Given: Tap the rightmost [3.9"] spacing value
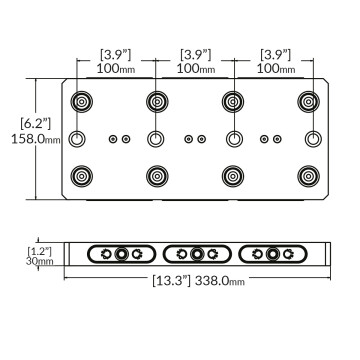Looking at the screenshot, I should click(274, 52).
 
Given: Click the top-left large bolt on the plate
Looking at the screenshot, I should click(78, 101).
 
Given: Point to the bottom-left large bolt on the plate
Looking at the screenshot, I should click(78, 176).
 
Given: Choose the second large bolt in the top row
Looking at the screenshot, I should click(156, 101).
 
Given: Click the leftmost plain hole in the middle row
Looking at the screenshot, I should click(78, 138).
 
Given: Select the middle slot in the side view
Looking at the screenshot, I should click(197, 255).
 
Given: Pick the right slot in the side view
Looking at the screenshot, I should click(272, 255).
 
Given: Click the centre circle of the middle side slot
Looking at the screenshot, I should click(197, 255).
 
